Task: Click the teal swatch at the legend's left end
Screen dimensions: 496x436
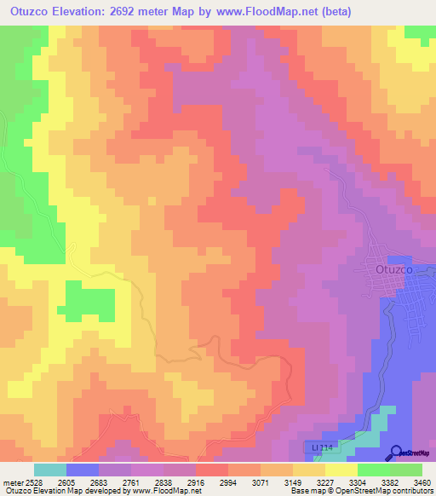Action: tap(49, 470)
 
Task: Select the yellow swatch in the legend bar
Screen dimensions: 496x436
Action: tap(341, 470)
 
